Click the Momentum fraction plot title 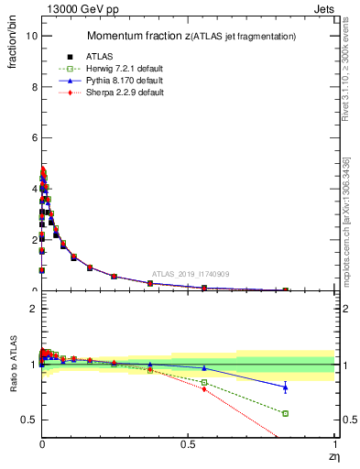point(191,36)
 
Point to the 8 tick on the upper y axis point(33,87)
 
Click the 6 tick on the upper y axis point(33,138)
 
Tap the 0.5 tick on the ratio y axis point(28,420)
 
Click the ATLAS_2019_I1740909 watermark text point(191,273)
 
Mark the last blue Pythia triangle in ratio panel point(286,387)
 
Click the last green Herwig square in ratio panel point(286,413)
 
